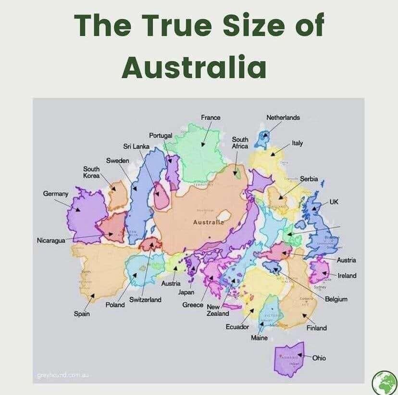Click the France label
211,118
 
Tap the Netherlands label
283,118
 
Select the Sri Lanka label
137,146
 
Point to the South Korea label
91,172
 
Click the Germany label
56,194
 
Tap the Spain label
81,314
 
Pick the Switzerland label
145,300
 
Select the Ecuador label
237,327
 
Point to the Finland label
317,328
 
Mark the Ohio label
319,358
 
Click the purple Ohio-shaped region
288,359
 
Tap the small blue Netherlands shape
262,138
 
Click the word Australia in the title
194,67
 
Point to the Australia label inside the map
209,223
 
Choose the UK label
334,201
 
